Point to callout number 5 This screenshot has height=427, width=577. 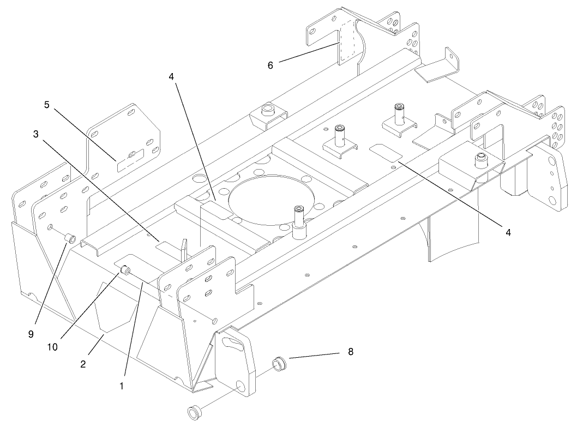coord(47,105)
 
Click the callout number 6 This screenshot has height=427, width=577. coord(270,64)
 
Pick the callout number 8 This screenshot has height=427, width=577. coord(351,352)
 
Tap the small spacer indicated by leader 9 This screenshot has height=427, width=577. coord(69,238)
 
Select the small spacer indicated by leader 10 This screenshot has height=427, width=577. coord(125,270)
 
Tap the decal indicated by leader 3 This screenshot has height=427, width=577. coord(167,246)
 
